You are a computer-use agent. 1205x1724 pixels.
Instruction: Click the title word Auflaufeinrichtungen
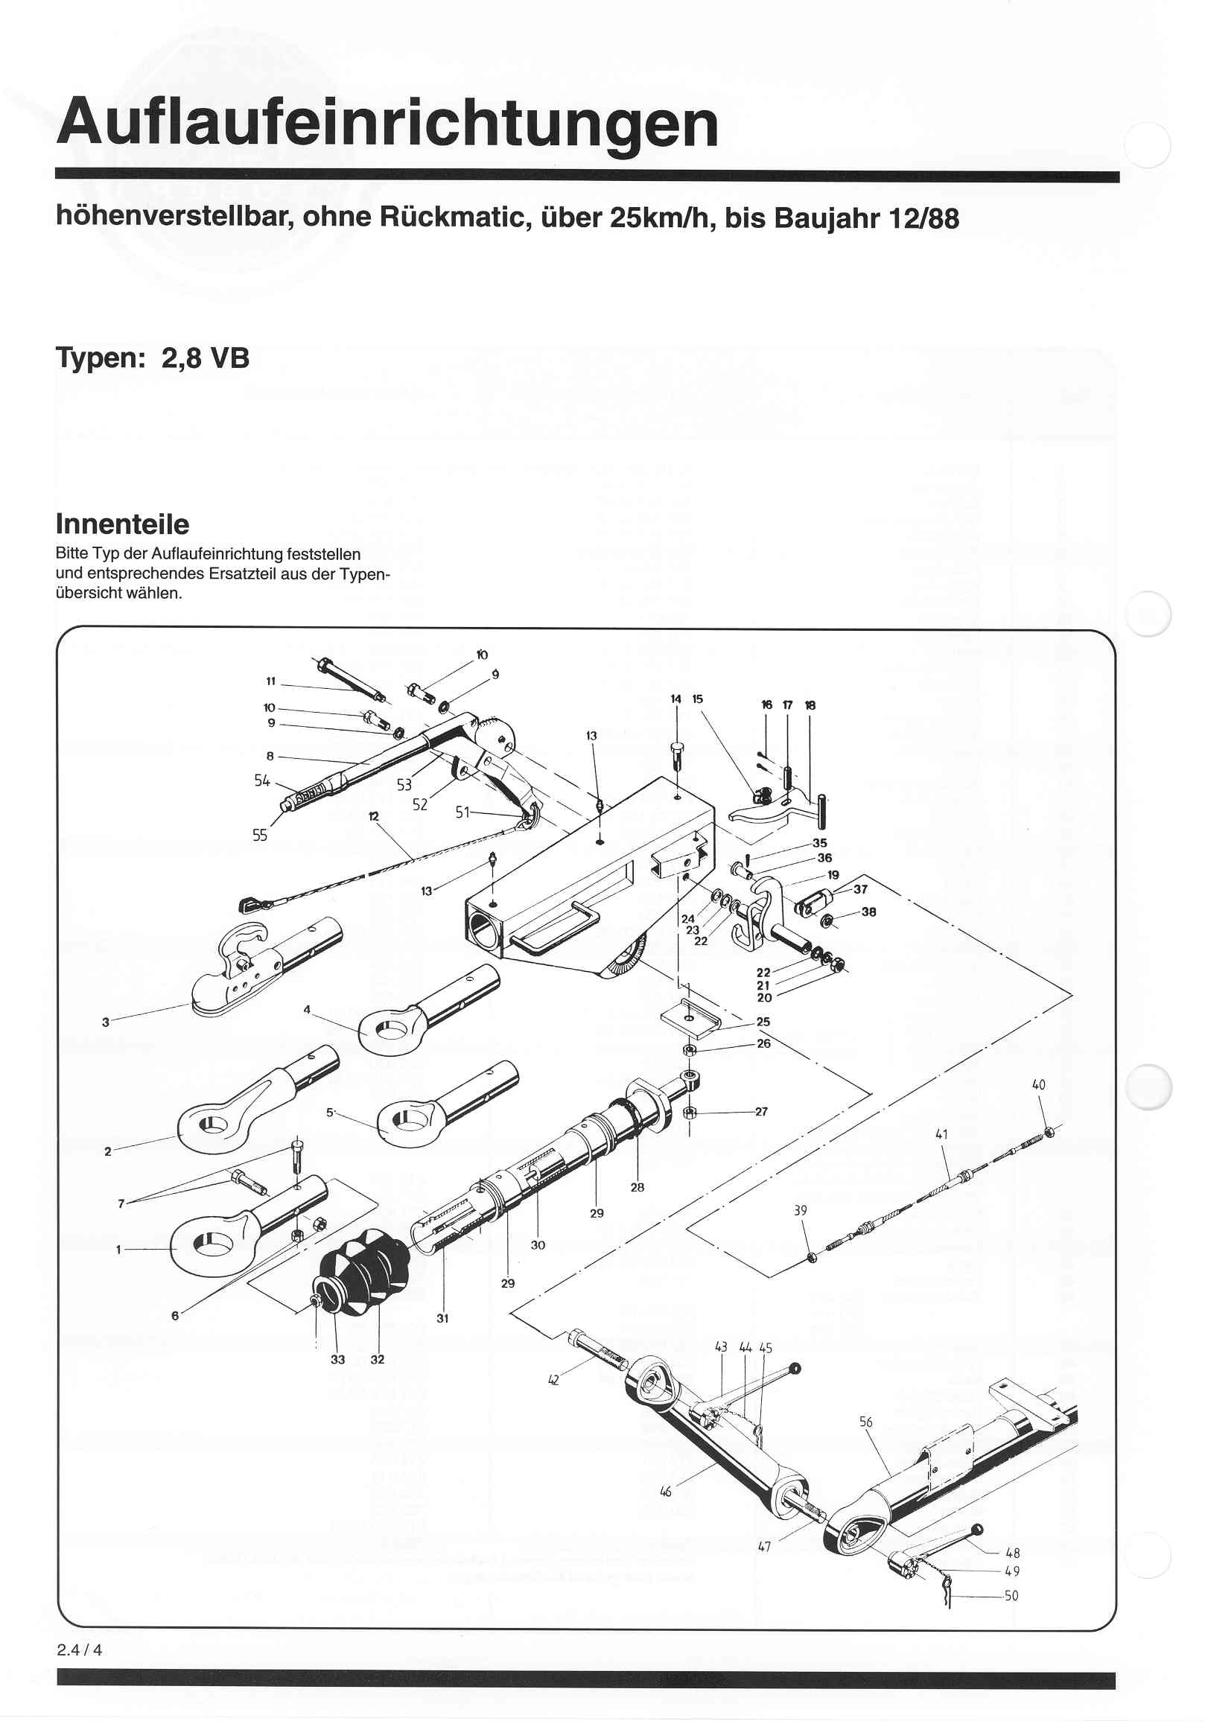[387, 122]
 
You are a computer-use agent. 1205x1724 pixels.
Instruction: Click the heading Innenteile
[121, 524]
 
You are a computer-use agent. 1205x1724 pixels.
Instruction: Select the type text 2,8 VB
[205, 357]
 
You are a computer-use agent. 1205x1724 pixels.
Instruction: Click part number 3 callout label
[106, 1022]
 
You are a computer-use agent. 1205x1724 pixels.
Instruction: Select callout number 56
[865, 1422]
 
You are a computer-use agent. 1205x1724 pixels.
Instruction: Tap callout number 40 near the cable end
[1038, 1084]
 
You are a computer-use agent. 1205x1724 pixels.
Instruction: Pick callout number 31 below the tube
[442, 1318]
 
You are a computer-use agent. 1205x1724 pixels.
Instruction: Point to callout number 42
[553, 1379]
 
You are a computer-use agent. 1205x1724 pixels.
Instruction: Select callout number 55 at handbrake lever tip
[260, 835]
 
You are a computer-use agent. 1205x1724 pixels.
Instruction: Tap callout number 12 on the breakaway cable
[374, 815]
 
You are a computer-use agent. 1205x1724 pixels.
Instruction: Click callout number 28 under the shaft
[637, 1187]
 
